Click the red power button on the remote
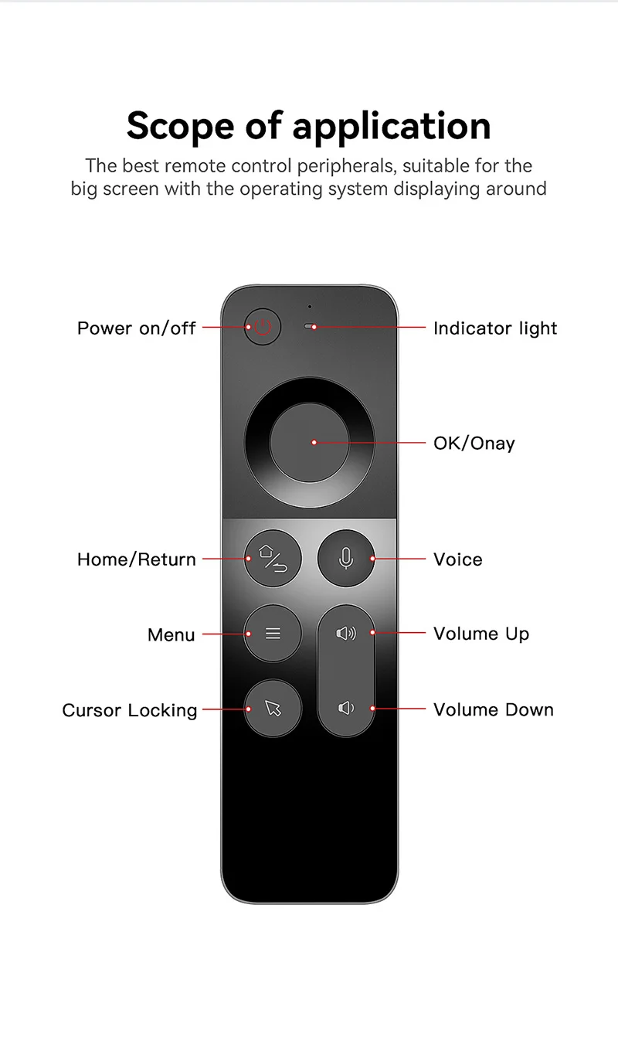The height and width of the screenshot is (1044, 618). coord(263,327)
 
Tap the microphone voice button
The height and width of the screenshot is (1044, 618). coord(346,558)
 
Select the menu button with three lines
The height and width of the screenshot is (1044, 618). coord(273,634)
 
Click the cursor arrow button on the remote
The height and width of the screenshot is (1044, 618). coord(273,709)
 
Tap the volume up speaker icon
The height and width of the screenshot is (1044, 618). coord(346,634)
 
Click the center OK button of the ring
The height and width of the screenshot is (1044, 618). coord(309,442)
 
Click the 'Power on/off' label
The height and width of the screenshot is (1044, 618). coord(137,328)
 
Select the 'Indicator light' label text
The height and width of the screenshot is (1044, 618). coord(495,328)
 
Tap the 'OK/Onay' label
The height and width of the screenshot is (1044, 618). coord(474,444)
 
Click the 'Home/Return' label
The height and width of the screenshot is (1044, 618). coord(137,559)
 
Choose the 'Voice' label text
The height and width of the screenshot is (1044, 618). coord(458,559)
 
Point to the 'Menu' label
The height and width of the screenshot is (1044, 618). coord(171,635)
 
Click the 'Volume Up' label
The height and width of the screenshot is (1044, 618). coord(481,634)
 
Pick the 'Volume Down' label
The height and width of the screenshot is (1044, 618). coord(494,710)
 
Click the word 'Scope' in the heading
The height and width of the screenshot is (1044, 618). coord(180,126)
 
